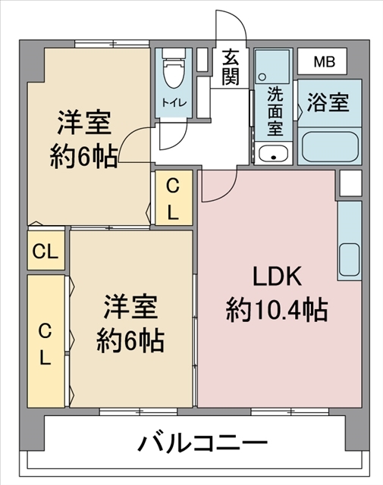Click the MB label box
(x=322, y=61)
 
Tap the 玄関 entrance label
(x=232, y=66)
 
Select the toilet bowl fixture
(x=174, y=72)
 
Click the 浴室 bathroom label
(x=328, y=102)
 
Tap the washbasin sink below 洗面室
(x=272, y=155)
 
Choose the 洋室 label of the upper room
(x=83, y=124)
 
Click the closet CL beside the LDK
(x=173, y=199)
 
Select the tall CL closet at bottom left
(x=46, y=343)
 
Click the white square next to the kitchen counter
(x=349, y=183)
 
